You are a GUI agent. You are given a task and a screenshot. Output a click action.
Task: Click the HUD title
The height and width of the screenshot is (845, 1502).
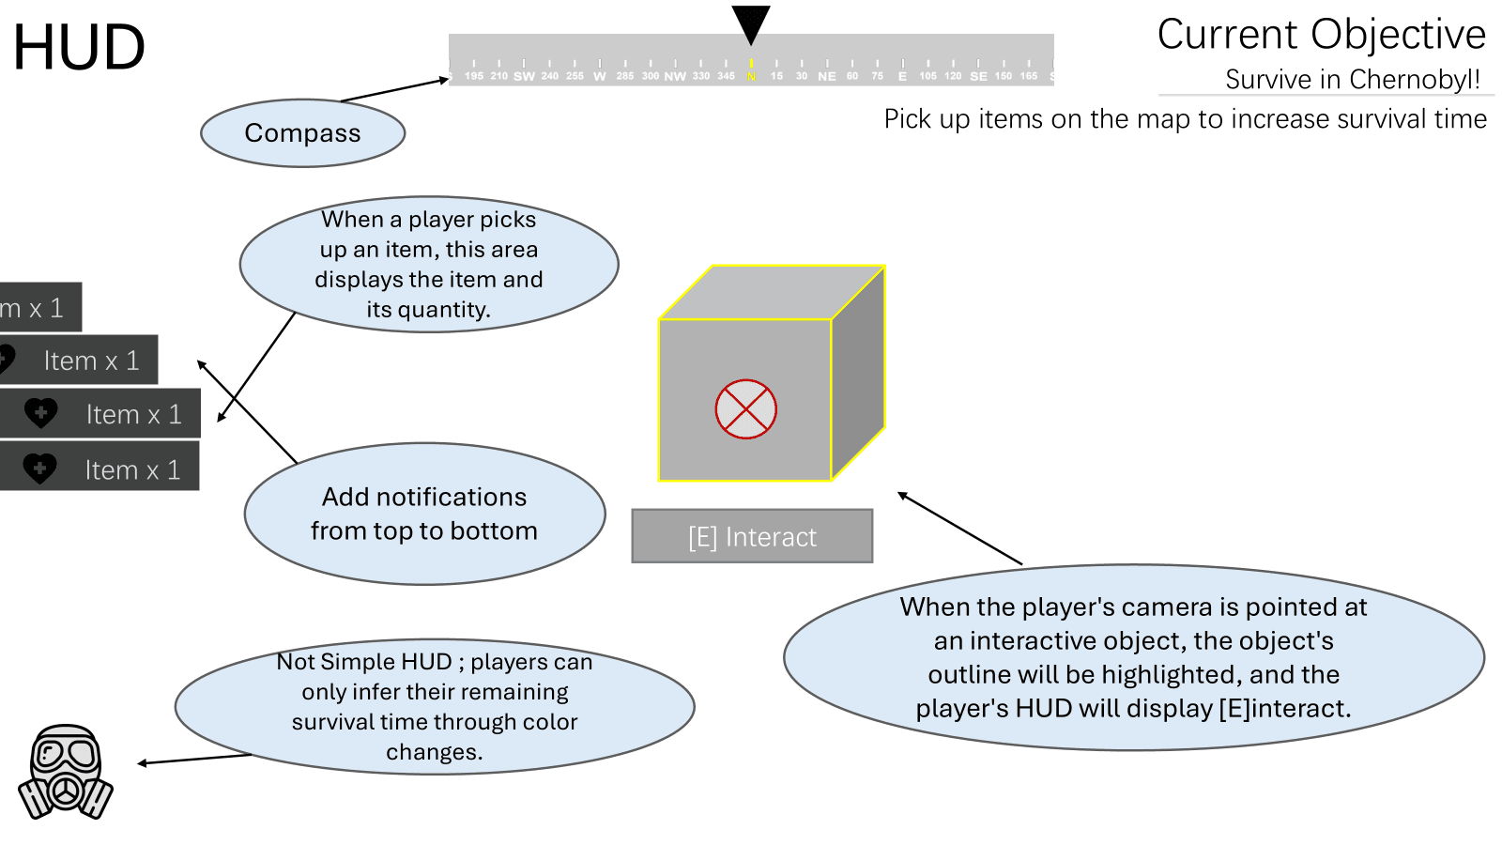[x=79, y=47]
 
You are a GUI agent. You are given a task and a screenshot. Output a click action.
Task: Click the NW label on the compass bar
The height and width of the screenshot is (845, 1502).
[x=675, y=76]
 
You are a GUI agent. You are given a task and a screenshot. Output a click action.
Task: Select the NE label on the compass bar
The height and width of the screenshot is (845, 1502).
[x=827, y=76]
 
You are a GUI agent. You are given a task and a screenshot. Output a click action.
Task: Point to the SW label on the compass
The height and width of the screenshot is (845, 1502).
[x=524, y=76]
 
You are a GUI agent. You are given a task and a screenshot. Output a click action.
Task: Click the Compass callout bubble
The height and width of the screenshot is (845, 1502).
[x=302, y=133]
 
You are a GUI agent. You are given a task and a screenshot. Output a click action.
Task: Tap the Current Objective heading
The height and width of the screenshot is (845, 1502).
[x=1321, y=35]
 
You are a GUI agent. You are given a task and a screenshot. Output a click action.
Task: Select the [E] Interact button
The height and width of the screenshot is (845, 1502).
[x=752, y=536]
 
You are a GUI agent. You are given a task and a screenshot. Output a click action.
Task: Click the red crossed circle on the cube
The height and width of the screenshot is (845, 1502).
[x=745, y=409]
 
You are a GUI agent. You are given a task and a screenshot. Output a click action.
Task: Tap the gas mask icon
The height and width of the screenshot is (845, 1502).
[x=66, y=772]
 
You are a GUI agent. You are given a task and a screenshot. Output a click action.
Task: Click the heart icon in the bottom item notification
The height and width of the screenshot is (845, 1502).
[x=40, y=469]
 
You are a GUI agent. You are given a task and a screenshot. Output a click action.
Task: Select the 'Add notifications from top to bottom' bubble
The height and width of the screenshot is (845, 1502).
[x=424, y=514]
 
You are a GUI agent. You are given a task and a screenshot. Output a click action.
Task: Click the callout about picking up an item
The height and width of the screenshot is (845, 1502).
[x=429, y=264]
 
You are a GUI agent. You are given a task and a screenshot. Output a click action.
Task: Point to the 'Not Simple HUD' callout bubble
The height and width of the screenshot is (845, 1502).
[x=435, y=707]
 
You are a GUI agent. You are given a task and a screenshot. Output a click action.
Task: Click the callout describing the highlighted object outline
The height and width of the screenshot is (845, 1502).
[x=1133, y=657]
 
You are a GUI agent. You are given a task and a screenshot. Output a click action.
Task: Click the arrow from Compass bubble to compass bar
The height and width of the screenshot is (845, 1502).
[x=394, y=90]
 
